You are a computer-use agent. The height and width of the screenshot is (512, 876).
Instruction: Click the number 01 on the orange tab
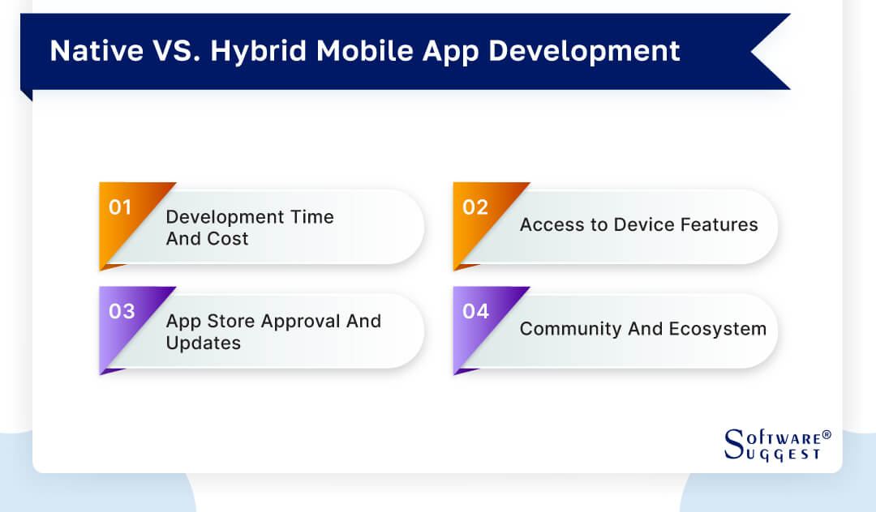120,207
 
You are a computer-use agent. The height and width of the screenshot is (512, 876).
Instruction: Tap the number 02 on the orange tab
474,207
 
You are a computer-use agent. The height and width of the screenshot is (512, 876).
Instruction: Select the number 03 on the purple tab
121,311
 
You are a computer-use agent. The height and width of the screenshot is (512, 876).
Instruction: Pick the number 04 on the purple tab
475,311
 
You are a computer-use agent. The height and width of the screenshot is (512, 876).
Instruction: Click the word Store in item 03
229,321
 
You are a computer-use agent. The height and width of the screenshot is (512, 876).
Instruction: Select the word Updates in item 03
203,343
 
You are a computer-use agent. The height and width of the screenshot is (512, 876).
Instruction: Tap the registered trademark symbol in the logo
827,436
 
